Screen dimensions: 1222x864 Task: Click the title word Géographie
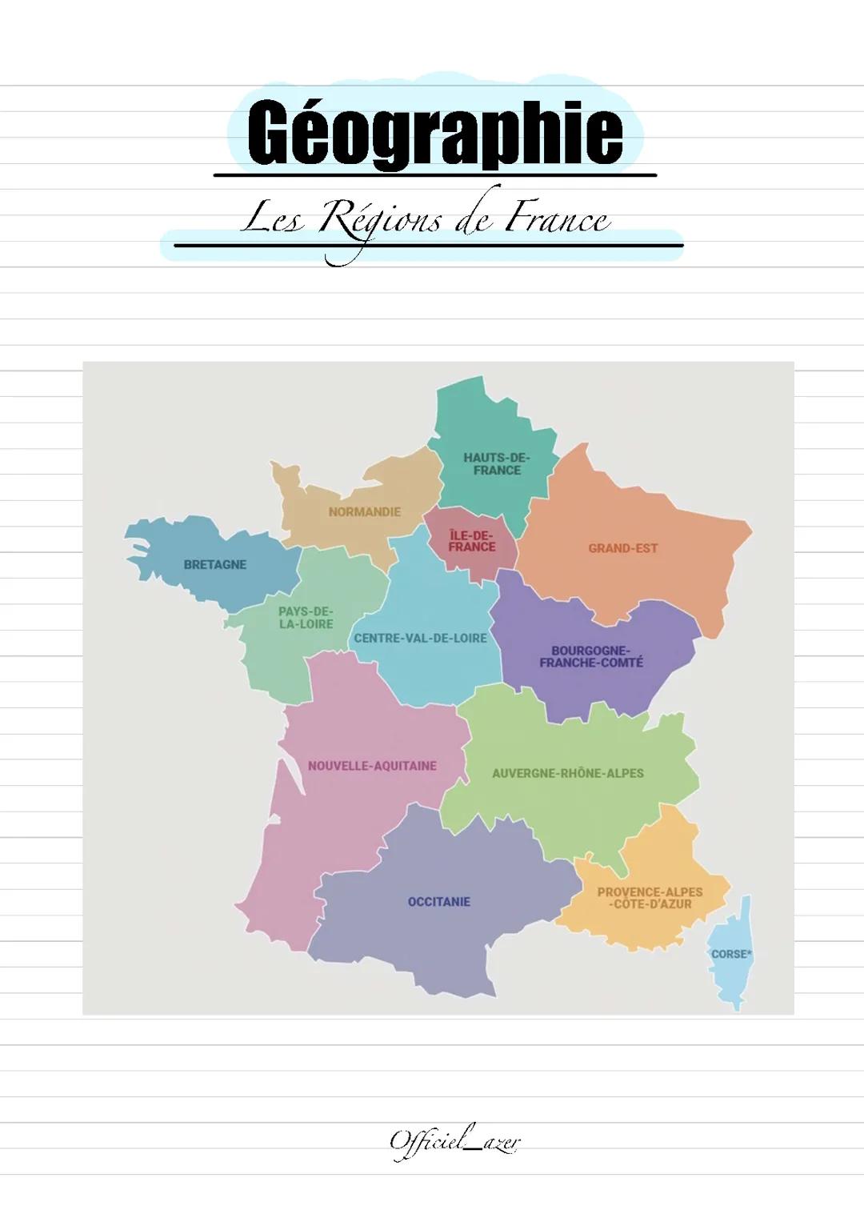(434, 133)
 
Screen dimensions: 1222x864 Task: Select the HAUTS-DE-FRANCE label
(496, 464)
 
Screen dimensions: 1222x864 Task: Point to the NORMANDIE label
(364, 511)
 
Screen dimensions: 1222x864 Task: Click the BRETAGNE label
(214, 564)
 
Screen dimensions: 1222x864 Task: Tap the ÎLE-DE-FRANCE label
(472, 541)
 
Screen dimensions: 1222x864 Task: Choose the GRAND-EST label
(622, 548)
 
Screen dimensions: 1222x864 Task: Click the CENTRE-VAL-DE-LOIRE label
(420, 638)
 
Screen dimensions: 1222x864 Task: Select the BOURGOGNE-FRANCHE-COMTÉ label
(590, 656)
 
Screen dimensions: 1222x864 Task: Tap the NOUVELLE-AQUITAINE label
(372, 766)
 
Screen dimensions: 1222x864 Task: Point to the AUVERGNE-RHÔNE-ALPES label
(567, 774)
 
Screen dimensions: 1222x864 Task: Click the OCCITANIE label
(438, 902)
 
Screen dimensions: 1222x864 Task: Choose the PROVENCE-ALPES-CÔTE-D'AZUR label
(650, 898)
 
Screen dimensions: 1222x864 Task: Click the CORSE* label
(731, 954)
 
